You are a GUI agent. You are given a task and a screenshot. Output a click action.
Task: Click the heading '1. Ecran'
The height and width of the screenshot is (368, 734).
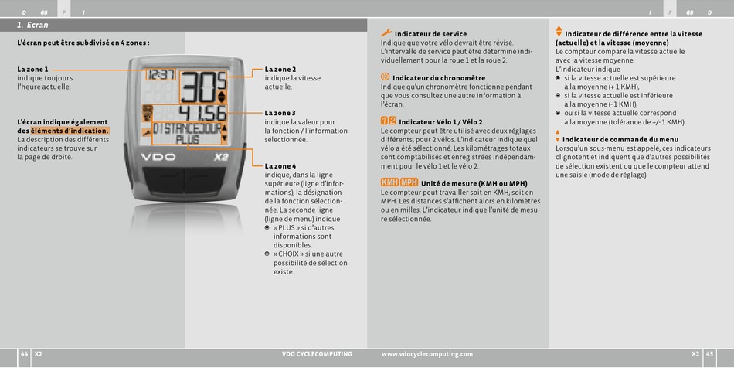32,26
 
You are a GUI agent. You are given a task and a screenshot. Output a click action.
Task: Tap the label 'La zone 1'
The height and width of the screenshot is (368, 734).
32,70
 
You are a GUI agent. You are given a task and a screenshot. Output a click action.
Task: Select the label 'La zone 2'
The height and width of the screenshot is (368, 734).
280,70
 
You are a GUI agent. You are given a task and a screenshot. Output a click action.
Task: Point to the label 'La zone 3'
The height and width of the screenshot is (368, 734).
280,113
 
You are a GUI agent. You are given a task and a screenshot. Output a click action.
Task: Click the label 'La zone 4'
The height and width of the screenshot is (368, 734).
280,166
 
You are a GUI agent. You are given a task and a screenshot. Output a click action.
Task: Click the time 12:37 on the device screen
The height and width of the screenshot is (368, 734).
161,74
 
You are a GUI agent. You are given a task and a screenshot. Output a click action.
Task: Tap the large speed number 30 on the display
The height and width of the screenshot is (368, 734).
199,87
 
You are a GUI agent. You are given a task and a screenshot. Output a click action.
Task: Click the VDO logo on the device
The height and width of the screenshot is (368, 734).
158,157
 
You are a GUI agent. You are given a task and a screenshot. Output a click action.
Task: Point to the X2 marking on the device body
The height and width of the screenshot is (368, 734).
221,157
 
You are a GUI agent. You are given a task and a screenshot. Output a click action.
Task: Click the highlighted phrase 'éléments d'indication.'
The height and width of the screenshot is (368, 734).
70,131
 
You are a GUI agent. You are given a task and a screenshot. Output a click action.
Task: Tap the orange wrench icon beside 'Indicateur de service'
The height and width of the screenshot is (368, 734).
386,32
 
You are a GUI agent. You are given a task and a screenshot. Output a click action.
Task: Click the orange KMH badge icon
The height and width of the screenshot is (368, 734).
389,182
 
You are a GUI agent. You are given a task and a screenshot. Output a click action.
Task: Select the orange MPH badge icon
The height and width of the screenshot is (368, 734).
409,182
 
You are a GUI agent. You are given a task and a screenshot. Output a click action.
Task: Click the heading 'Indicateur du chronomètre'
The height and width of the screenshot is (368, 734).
439,78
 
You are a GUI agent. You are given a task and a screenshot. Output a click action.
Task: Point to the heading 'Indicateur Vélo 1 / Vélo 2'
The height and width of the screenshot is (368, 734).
440,122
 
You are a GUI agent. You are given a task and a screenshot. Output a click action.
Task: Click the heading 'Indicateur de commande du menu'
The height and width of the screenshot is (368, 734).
620,139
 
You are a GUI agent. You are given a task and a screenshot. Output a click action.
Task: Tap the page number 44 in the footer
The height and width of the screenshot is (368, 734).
25,354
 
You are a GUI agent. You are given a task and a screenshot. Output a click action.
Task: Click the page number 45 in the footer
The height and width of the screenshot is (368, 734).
709,354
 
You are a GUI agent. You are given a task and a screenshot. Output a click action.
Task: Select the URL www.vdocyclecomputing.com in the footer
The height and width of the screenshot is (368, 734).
427,354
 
